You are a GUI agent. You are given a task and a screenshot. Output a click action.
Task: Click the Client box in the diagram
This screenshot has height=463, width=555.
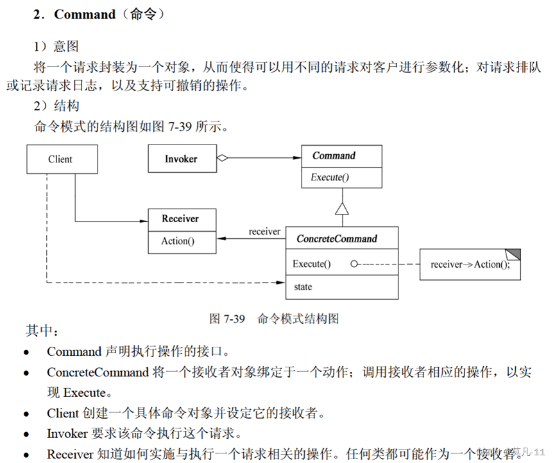(62, 159)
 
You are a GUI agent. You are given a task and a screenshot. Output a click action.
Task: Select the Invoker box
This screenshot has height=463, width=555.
(182, 159)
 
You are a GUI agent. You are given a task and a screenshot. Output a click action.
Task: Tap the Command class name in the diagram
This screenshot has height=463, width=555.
(334, 156)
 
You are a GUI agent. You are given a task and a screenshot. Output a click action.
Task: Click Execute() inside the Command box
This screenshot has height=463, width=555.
(330, 177)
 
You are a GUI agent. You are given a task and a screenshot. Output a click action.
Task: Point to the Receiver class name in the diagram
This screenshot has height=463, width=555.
(180, 219)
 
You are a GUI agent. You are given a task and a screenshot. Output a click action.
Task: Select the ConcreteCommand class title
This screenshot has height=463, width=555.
(337, 239)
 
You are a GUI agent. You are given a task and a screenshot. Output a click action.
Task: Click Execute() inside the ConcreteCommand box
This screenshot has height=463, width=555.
(312, 264)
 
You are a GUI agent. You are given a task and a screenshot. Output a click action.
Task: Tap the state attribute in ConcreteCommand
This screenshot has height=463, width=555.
(303, 286)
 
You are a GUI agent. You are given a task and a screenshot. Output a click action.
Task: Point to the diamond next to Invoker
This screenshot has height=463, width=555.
(223, 157)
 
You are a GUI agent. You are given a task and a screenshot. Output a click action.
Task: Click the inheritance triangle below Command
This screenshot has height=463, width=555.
(342, 208)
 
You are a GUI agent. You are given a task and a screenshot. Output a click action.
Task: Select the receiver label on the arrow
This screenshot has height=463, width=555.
(264, 231)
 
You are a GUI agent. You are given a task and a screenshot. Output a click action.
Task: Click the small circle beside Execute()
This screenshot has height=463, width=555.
(354, 264)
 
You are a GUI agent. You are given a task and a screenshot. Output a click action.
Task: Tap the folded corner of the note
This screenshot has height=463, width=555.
(514, 254)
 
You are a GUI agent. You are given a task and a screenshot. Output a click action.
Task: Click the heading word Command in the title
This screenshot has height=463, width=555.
(85, 14)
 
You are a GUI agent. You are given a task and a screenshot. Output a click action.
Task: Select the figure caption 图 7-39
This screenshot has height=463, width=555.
(227, 319)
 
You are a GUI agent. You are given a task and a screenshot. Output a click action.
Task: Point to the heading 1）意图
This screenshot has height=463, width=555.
(56, 46)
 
